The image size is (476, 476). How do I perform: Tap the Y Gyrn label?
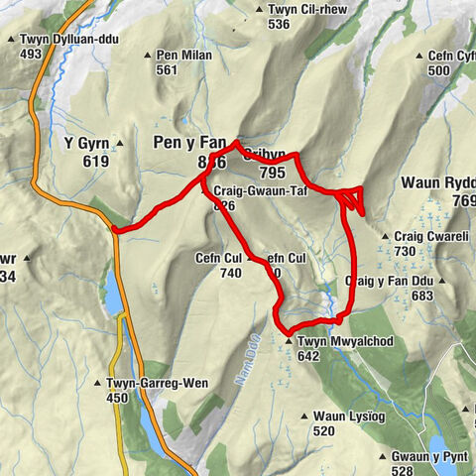click(x=83, y=143)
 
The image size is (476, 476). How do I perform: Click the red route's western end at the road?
click(x=116, y=230)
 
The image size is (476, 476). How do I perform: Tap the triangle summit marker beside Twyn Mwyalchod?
click(x=289, y=342)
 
